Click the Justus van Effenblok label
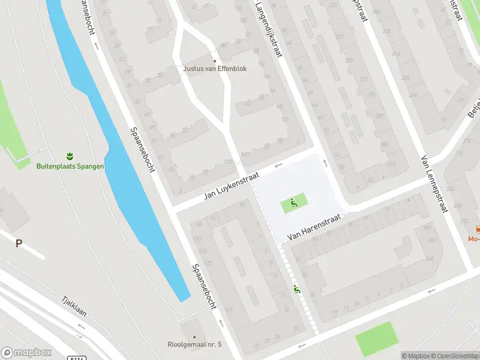pyautogui.click(x=215, y=68)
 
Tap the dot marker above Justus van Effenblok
pyautogui.click(x=215, y=60)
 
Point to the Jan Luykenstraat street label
pyautogui.click(x=230, y=186)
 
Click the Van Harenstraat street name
pyautogui.click(x=313, y=229)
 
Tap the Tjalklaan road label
pyautogui.click(x=74, y=310)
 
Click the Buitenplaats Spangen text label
pyautogui.click(x=70, y=166)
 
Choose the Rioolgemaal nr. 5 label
pyautogui.click(x=195, y=344)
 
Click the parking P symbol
pyautogui.click(x=19, y=243)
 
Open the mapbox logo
pyautogui.click(x=26, y=353)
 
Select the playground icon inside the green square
pyautogui.click(x=293, y=203)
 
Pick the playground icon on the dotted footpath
pyautogui.click(x=296, y=289)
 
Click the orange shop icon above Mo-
pyautogui.click(x=478, y=229)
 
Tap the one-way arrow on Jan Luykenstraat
pyautogui.click(x=278, y=165)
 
